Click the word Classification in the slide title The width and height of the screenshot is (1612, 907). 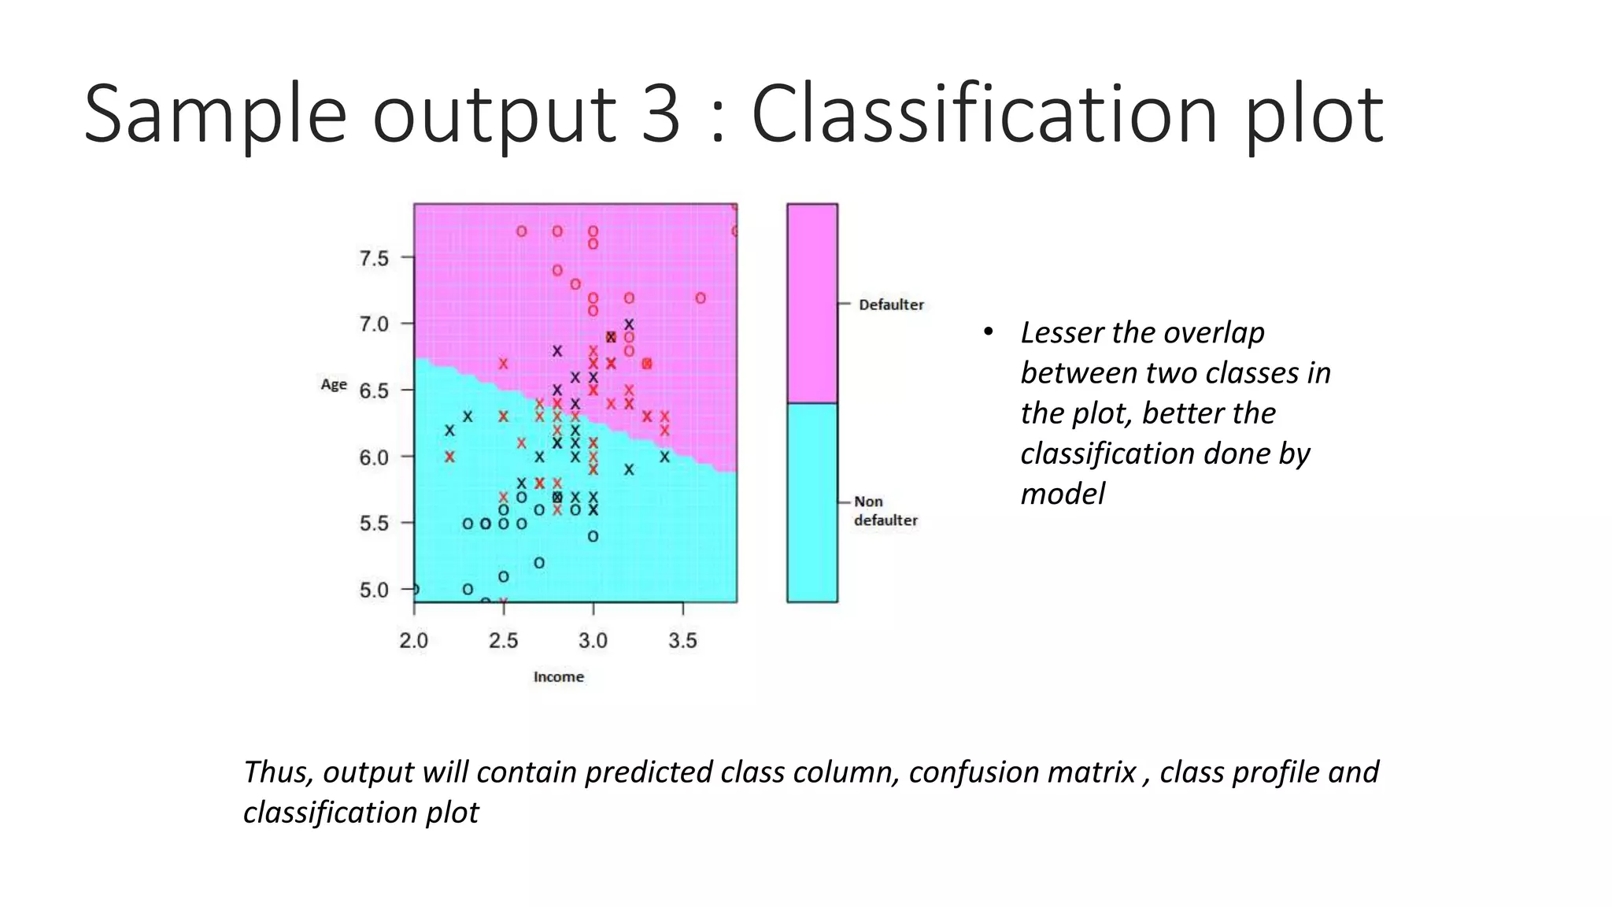tap(985, 114)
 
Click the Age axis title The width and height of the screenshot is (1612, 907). tap(334, 384)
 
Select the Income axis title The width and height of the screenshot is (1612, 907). tap(558, 676)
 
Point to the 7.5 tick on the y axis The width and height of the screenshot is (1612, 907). tap(374, 258)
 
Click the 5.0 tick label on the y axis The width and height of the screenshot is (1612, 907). tap(374, 590)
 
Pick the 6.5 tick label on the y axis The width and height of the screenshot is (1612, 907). tap(374, 391)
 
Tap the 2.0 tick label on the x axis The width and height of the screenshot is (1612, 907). tap(414, 640)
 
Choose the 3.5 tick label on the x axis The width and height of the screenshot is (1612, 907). tap(682, 640)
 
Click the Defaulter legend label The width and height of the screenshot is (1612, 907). tap(891, 305)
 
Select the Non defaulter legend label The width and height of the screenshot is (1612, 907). tap(885, 511)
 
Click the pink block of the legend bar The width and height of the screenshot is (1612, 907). tap(812, 303)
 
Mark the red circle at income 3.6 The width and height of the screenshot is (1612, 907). tap(701, 298)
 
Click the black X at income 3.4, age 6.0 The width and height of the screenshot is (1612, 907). tap(664, 457)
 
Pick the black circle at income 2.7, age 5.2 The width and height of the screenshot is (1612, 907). tap(539, 563)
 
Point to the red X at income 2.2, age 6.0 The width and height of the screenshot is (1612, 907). tap(449, 457)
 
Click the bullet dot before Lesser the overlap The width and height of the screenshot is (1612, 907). tap(988, 331)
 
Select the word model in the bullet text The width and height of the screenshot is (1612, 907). tap(1063, 494)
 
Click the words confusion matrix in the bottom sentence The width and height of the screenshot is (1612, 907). tap(1022, 772)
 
